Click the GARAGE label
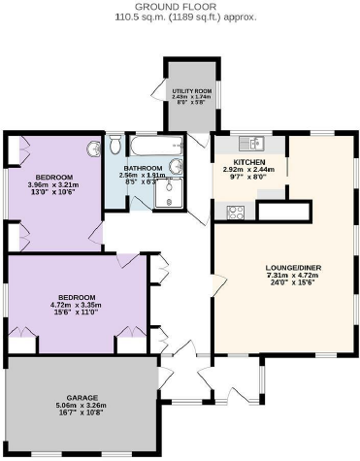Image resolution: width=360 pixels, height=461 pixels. [x=82, y=398]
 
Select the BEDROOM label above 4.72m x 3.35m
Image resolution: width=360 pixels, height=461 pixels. [x=77, y=296]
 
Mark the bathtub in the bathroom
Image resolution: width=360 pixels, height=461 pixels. [x=150, y=147]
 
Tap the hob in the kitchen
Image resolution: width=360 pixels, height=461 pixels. [x=235, y=212]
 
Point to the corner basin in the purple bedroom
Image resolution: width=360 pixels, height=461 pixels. [x=94, y=150]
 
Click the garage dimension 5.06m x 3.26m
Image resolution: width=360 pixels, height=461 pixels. [x=82, y=406]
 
